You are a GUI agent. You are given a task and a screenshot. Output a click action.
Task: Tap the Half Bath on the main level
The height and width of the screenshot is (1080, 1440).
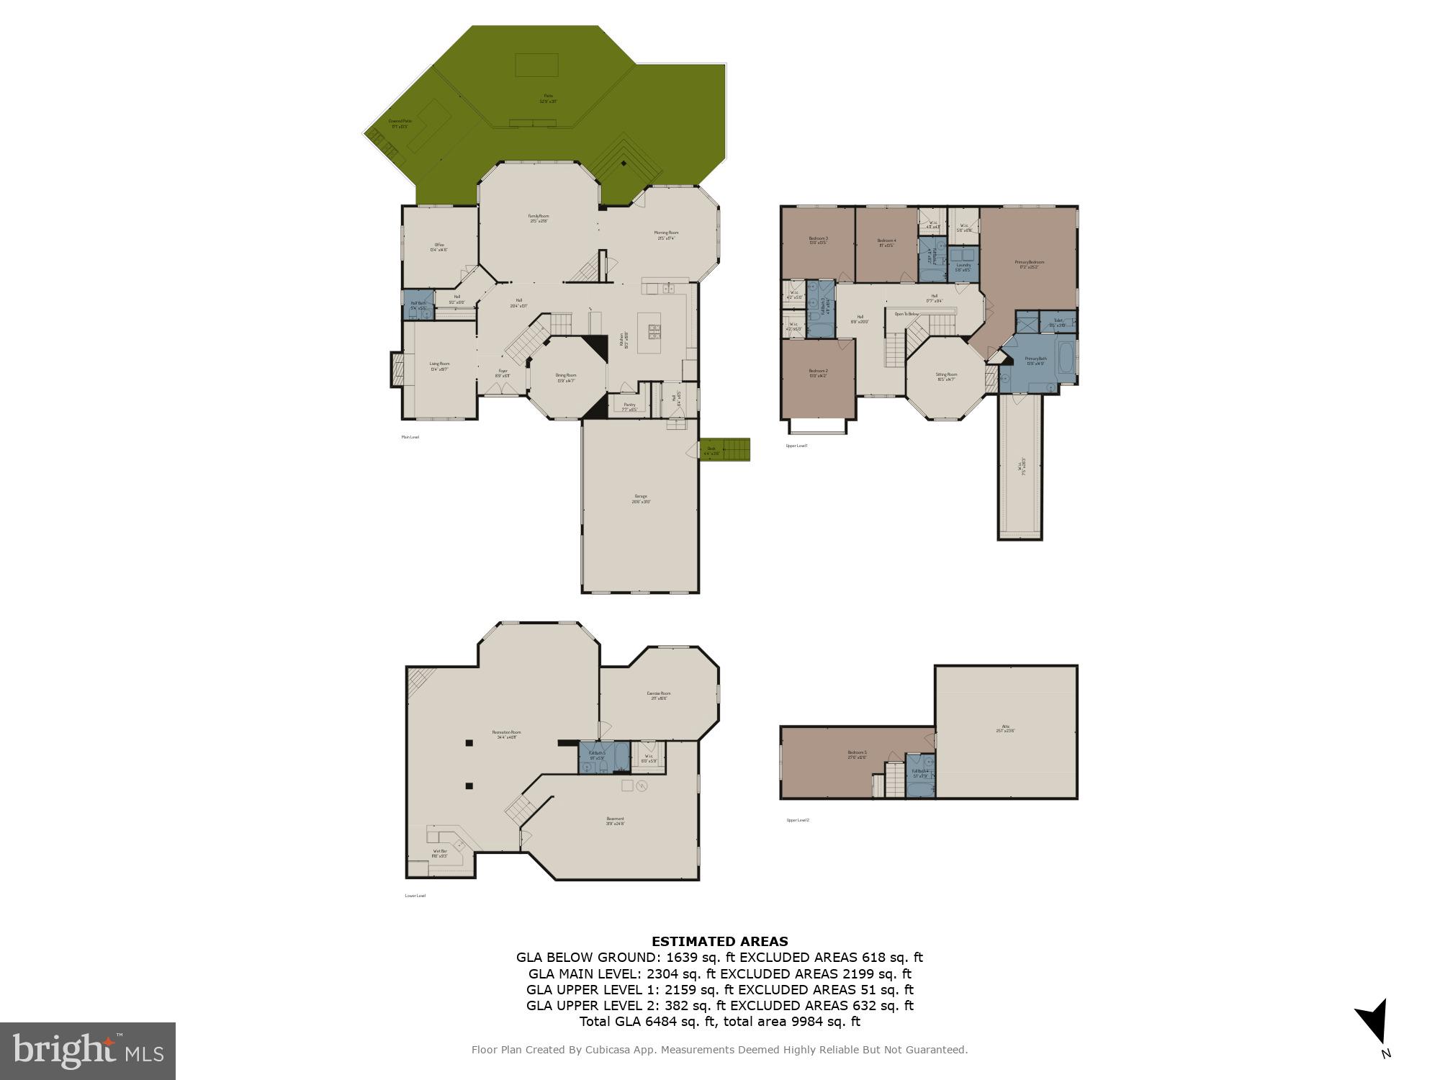418,305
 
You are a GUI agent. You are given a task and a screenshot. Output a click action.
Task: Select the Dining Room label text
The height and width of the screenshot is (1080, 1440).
566,377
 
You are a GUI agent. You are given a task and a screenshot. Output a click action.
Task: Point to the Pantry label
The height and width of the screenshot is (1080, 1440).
629,406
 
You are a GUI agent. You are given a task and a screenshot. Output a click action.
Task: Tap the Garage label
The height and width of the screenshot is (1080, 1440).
640,498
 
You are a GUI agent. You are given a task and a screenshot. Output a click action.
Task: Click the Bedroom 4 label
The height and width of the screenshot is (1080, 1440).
886,242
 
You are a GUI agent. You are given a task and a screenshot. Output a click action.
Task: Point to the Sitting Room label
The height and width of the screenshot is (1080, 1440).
946,376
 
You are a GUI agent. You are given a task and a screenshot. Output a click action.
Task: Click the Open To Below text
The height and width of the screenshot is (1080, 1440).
906,314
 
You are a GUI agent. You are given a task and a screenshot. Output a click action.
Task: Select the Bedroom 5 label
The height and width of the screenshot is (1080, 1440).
857,755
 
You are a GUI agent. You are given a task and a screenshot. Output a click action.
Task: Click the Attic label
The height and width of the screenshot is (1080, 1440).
1005,728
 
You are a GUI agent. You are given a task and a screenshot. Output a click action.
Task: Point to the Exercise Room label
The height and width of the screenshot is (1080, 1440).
659,695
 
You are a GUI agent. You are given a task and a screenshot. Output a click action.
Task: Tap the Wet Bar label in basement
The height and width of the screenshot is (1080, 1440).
439,852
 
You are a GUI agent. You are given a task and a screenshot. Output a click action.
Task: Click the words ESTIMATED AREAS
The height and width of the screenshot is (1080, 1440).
719,941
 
